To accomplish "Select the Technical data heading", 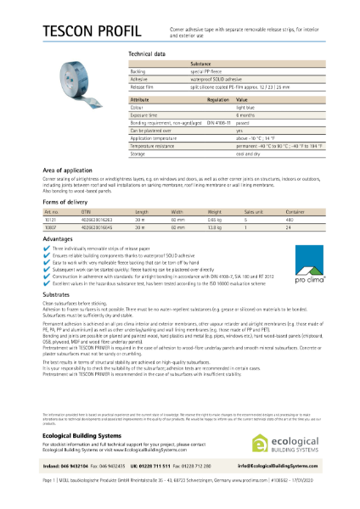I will [x=146, y=53].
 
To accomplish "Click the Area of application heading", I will [x=71, y=171].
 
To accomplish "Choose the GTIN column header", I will [x=86, y=211].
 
